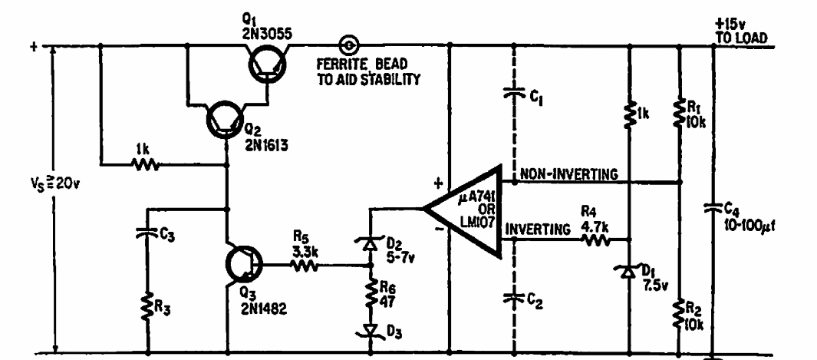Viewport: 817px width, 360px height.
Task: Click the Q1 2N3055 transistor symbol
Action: click(x=267, y=65)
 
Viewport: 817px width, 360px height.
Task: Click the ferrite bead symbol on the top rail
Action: click(x=348, y=46)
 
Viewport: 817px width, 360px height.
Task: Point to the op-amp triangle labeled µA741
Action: click(x=462, y=210)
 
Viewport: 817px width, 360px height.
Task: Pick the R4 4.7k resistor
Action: click(x=595, y=239)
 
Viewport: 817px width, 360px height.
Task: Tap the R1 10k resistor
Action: click(x=679, y=114)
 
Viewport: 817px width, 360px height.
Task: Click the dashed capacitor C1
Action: click(x=514, y=94)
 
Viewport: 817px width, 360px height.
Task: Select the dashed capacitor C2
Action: click(x=514, y=298)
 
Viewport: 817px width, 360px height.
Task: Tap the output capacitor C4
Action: click(x=713, y=208)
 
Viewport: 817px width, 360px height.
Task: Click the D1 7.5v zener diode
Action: click(x=629, y=272)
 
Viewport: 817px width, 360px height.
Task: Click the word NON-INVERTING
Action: click(x=569, y=174)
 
